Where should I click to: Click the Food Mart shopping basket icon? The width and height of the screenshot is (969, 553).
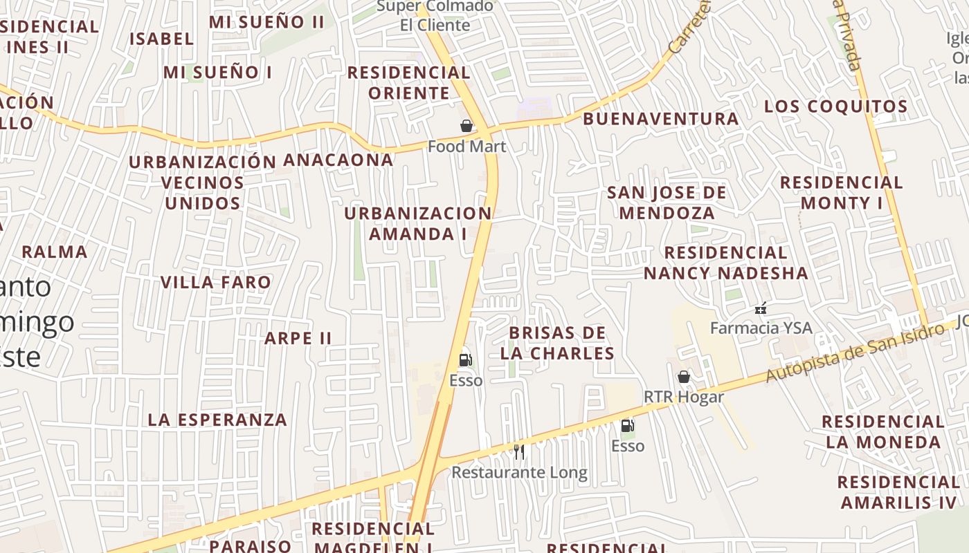pyautogui.click(x=467, y=126)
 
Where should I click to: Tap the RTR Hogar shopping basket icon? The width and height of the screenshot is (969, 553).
pyautogui.click(x=684, y=377)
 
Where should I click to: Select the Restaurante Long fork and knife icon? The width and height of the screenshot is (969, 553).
pyautogui.click(x=519, y=452)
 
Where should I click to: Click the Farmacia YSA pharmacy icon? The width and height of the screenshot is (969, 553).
pyautogui.click(x=761, y=308)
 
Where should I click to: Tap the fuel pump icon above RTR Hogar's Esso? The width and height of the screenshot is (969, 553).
pyautogui.click(x=627, y=427)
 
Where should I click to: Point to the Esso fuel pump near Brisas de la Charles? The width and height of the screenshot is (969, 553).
pyautogui.click(x=466, y=359)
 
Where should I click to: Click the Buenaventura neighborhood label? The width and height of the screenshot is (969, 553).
pyautogui.click(x=660, y=119)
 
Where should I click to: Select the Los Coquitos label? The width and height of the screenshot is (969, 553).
pyautogui.click(x=835, y=106)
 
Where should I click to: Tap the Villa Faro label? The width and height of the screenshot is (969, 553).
pyautogui.click(x=216, y=282)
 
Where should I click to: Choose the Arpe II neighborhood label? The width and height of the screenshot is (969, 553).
pyautogui.click(x=298, y=338)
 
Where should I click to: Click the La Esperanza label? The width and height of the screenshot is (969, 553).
pyautogui.click(x=217, y=420)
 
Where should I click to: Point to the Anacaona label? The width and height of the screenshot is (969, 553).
pyautogui.click(x=338, y=160)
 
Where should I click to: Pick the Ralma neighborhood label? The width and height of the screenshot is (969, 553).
pyautogui.click(x=55, y=252)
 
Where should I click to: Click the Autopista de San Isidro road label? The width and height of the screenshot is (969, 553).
pyautogui.click(x=854, y=353)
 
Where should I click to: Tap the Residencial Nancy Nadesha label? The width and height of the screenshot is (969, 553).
pyautogui.click(x=725, y=263)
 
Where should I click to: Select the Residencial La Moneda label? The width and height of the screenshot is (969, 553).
pyautogui.click(x=883, y=431)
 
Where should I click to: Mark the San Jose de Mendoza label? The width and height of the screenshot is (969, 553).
pyautogui.click(x=667, y=202)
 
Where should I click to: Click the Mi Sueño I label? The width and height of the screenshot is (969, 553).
pyautogui.click(x=217, y=72)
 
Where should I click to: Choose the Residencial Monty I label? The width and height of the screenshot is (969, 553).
pyautogui.click(x=842, y=192)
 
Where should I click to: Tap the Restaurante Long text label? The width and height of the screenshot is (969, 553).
pyautogui.click(x=519, y=473)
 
